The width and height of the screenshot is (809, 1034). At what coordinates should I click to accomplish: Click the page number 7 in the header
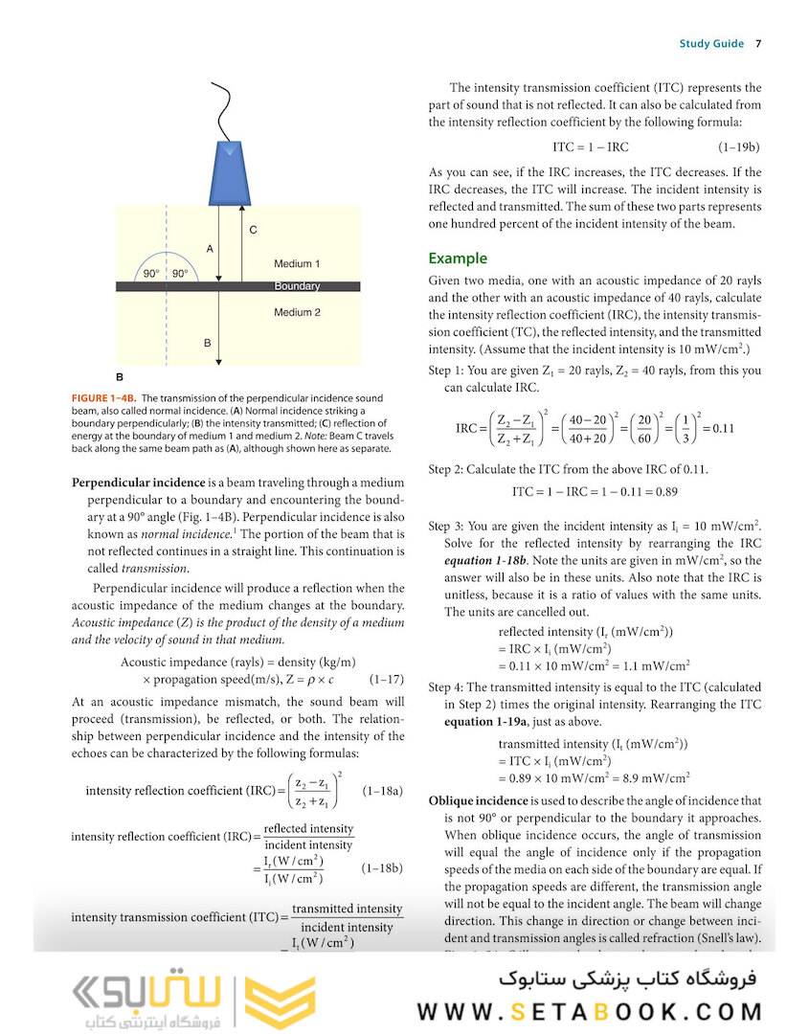757,43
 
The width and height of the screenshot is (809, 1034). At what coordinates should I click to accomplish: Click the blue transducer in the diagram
231,172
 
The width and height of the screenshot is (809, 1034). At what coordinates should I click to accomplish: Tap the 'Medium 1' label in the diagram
297,263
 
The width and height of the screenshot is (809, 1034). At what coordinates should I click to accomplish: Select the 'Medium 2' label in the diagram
297,312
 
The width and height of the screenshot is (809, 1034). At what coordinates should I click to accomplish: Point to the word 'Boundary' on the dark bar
297,286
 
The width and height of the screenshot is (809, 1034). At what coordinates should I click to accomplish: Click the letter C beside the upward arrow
253,230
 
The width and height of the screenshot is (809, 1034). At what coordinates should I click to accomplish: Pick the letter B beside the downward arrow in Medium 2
207,342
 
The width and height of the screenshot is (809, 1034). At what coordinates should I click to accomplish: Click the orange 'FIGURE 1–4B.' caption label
104,397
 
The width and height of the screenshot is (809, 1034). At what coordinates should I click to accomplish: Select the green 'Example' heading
458,258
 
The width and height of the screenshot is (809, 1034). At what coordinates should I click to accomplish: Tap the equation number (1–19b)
738,147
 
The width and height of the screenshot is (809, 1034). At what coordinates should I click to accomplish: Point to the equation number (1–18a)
383,792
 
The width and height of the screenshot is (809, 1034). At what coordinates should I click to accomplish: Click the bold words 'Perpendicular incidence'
138,482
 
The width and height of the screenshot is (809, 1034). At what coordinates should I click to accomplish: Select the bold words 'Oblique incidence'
478,800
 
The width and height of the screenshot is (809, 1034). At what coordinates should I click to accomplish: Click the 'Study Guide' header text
711,43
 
